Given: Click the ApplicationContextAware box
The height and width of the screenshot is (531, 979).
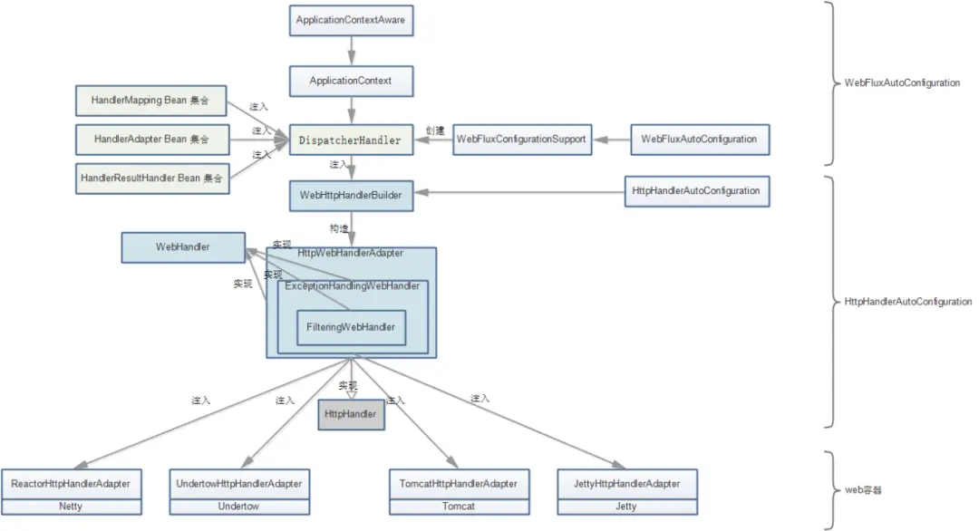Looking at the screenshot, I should pyautogui.click(x=351, y=20).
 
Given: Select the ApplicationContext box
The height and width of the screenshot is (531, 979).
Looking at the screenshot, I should pyautogui.click(x=351, y=81).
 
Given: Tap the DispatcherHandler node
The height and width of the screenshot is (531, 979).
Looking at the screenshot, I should pyautogui.click(x=351, y=140).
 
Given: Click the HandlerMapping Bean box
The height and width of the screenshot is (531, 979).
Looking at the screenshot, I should pyautogui.click(x=150, y=101).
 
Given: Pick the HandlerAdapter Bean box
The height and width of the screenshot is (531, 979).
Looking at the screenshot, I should pyautogui.click(x=151, y=140).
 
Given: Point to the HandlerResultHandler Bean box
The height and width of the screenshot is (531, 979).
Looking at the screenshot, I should pyautogui.click(x=151, y=179).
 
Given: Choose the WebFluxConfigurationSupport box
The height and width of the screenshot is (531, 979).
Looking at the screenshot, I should pyautogui.click(x=521, y=140).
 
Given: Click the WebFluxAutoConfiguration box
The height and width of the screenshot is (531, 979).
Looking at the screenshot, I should pyautogui.click(x=699, y=140).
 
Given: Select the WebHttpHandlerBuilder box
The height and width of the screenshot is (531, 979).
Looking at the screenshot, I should pyautogui.click(x=351, y=194).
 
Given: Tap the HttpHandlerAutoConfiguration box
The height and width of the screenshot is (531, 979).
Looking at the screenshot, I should pyautogui.click(x=696, y=191).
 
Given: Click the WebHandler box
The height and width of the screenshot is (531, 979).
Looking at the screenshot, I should pyautogui.click(x=183, y=246).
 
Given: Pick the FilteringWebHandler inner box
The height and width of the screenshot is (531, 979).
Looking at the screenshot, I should pyautogui.click(x=351, y=327).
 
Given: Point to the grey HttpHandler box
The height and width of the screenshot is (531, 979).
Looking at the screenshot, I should pyautogui.click(x=351, y=414).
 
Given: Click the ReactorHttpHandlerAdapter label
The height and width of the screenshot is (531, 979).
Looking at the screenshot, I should pyautogui.click(x=71, y=484).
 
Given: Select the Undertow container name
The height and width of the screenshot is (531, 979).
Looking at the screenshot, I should pyautogui.click(x=238, y=506).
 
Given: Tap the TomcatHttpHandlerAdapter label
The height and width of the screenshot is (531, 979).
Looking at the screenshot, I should pyautogui.click(x=458, y=484).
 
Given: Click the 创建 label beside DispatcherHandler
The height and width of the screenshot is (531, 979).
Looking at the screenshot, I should pyautogui.click(x=436, y=130).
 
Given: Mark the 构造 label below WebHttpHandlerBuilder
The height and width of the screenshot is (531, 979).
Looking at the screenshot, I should pyautogui.click(x=339, y=228).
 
